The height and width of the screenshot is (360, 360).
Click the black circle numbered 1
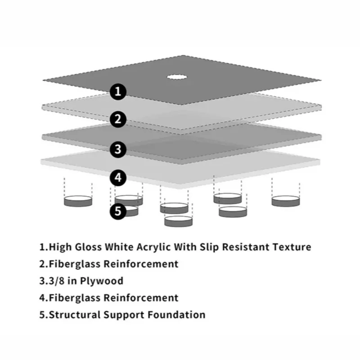pyautogui.click(x=118, y=92)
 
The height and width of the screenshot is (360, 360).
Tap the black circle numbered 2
pyautogui.click(x=118, y=119)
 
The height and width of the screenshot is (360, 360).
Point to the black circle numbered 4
pyautogui.click(x=118, y=177)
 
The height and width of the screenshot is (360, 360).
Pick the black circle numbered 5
pyautogui.click(x=118, y=211)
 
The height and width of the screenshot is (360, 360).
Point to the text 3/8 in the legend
pyautogui.click(x=56, y=281)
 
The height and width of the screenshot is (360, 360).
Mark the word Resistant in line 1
pyautogui.click(x=246, y=247)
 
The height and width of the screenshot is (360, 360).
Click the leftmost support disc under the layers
pyautogui.click(x=79, y=200)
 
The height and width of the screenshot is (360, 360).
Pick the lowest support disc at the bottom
pyautogui.click(x=178, y=220)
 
